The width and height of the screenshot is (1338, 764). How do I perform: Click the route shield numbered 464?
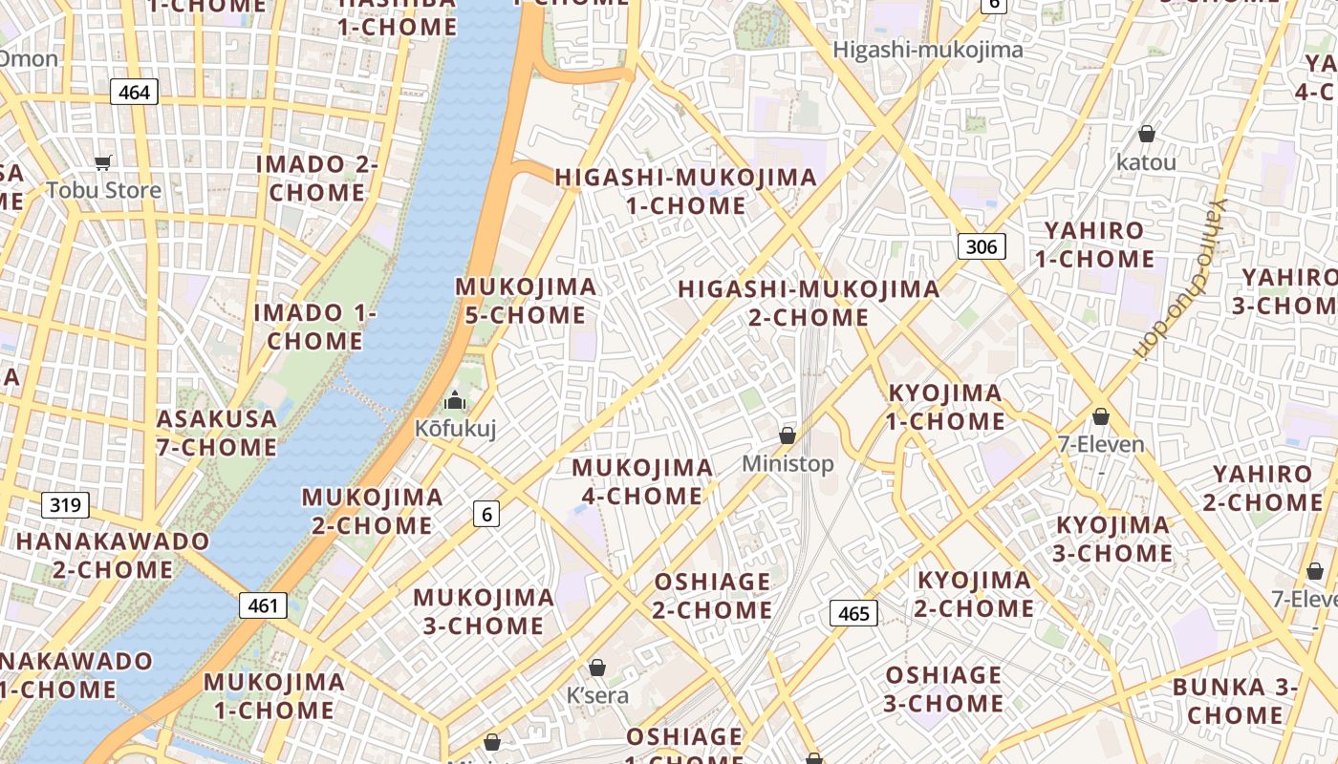(135, 92)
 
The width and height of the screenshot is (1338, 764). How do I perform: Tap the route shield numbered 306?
(982, 247)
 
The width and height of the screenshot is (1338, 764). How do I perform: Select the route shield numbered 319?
(65, 504)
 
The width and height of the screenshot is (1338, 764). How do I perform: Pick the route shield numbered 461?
(263, 605)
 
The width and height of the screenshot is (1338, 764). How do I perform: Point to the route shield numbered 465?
(853, 613)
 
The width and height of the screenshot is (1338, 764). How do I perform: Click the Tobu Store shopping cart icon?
(103, 163)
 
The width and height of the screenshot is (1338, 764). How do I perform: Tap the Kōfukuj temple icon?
(455, 400)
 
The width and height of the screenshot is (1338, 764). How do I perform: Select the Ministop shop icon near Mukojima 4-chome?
(788, 435)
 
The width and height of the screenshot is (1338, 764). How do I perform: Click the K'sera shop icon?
(597, 667)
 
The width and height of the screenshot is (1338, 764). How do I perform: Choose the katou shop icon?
(1146, 134)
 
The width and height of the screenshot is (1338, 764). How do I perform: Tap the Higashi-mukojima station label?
(928, 50)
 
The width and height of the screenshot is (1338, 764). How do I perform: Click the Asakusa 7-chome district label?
(217, 433)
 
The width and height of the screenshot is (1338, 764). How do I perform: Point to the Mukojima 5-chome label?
(526, 300)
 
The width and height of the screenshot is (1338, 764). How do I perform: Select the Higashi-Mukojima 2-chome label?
(809, 303)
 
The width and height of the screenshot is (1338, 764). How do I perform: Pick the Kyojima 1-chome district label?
(945, 407)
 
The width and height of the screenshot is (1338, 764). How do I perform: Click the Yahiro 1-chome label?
(1094, 244)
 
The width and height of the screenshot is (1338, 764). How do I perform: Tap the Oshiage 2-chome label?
(713, 595)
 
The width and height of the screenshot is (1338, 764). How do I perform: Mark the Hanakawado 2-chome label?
(113, 555)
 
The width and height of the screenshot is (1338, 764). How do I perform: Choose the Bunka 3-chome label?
(1235, 700)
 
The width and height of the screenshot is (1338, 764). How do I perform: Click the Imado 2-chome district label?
(317, 178)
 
